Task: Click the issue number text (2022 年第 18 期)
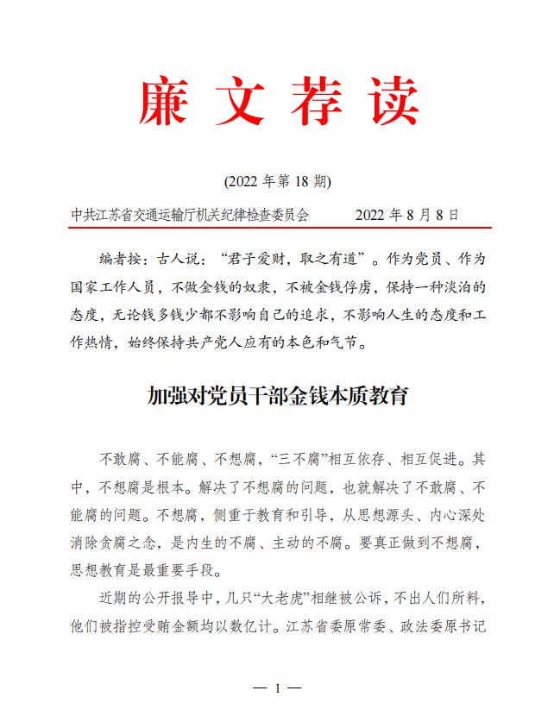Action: [276, 182]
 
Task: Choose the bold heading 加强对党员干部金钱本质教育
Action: [276, 397]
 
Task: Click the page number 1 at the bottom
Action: [278, 688]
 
